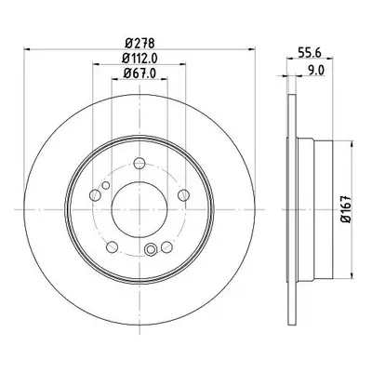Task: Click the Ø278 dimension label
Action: (139, 43)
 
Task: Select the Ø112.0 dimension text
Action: (139, 58)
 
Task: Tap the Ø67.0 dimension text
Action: (139, 73)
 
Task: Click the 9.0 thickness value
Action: (316, 71)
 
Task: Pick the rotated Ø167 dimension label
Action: (346, 209)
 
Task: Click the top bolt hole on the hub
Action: (139, 163)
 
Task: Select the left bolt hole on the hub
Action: (95, 195)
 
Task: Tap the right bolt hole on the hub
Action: (184, 195)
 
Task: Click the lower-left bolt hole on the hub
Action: (112, 247)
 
